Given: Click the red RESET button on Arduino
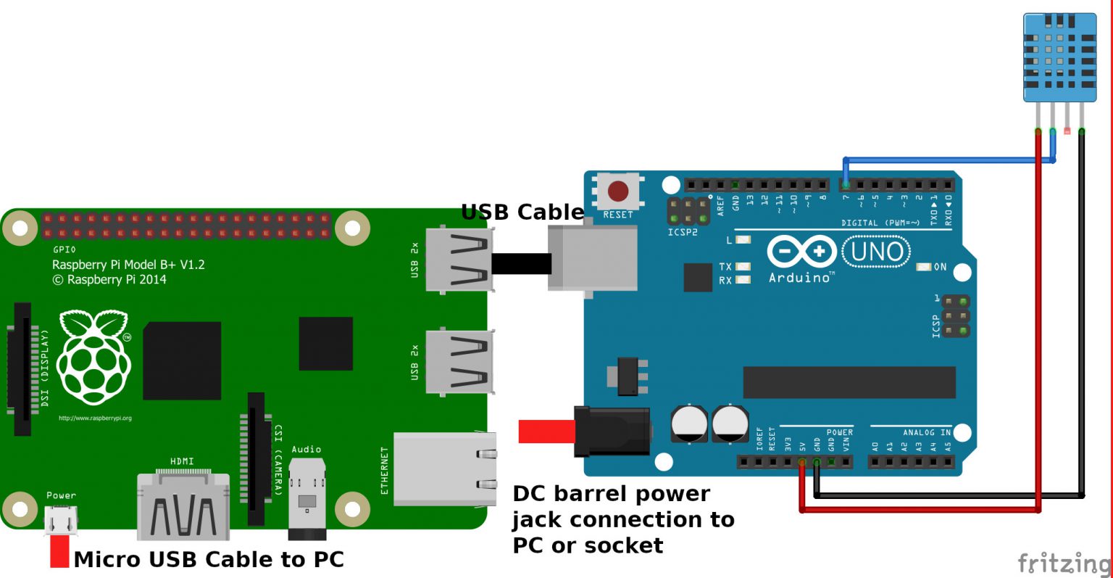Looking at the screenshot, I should (x=618, y=191).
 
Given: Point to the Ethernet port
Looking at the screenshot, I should (x=444, y=468).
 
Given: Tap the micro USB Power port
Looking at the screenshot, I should (x=61, y=520).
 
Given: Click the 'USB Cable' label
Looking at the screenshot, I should (x=522, y=212).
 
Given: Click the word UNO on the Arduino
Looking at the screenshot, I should (x=877, y=252).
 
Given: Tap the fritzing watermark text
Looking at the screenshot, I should (x=1063, y=562).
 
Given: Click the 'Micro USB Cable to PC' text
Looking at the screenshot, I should (x=209, y=559).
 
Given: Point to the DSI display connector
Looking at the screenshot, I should (x=23, y=368).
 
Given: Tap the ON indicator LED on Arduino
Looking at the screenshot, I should (x=924, y=267).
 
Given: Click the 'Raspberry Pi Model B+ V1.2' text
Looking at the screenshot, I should (x=128, y=265).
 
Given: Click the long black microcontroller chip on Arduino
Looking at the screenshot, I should (x=849, y=382).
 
